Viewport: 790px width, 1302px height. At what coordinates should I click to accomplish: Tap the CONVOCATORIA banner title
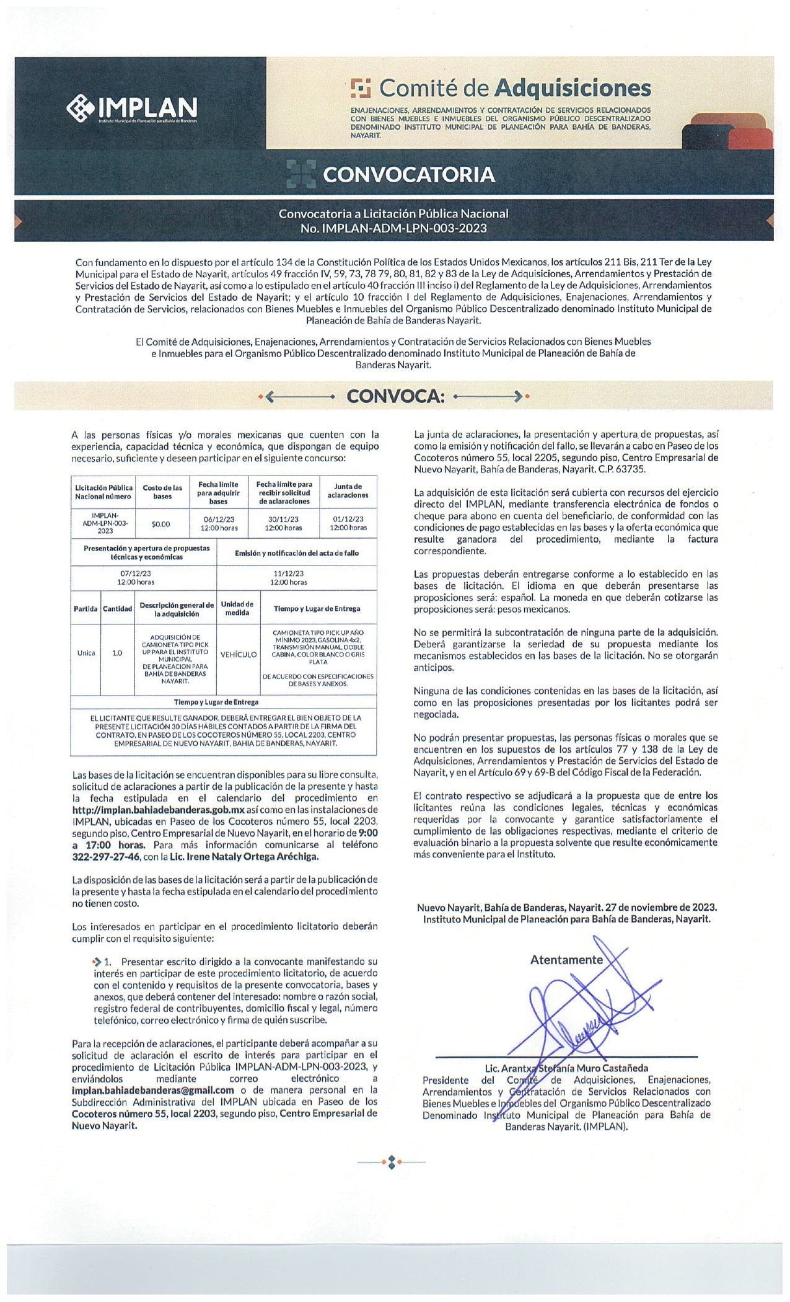(x=408, y=175)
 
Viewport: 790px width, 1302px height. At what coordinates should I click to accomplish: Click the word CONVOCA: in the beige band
(x=395, y=396)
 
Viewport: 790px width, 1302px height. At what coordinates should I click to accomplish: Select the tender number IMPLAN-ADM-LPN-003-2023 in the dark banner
(x=393, y=228)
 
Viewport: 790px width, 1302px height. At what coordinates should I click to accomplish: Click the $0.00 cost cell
(x=160, y=524)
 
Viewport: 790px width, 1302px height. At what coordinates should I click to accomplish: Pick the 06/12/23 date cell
(x=219, y=523)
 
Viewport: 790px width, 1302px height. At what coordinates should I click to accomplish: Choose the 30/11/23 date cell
(x=283, y=523)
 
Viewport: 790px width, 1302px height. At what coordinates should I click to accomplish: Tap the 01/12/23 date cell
(x=348, y=523)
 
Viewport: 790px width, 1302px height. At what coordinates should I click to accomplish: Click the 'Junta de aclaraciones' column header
(x=348, y=491)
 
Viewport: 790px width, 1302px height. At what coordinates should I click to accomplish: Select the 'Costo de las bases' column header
(x=162, y=492)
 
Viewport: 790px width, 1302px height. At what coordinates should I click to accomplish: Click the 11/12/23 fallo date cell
(x=288, y=578)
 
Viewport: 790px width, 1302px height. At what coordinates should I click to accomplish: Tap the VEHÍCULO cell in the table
(x=239, y=655)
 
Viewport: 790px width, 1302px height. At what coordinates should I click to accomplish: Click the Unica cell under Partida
(x=86, y=653)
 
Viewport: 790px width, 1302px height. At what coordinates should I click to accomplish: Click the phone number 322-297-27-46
(x=105, y=857)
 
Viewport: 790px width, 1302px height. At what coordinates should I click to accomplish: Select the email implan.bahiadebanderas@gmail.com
(x=152, y=1090)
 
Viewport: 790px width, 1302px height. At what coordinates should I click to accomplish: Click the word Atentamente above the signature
(x=566, y=960)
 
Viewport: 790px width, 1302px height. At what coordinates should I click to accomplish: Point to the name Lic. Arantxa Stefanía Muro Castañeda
(x=566, y=1068)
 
